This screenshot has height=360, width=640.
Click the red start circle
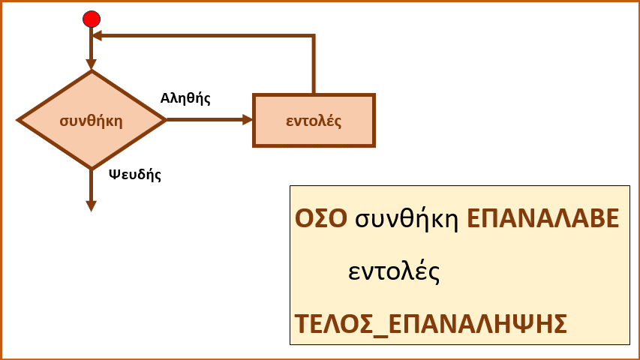pos(92,19)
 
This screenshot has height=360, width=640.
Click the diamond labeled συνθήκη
pos(92,120)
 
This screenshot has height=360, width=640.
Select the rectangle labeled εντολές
pos(314,121)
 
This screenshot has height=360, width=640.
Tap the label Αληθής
pos(185,98)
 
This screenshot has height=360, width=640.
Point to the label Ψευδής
pos(135,175)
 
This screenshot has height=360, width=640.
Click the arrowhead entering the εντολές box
pos(248,120)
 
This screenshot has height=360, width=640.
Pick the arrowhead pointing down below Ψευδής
pos(92,206)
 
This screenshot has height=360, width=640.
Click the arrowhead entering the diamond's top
pos(92,64)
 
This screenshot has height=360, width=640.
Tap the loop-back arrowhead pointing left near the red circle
pos(97,36)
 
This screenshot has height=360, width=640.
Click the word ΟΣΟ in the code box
pos(321,218)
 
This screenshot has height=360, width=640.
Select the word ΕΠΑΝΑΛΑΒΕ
pos(543,218)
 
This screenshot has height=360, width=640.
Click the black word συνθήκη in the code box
pos(407,220)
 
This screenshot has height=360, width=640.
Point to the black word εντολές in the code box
pos(394,271)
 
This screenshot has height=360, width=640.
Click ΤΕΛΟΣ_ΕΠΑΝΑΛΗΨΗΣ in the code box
pos(431,325)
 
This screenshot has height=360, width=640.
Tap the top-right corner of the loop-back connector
pos(314,36)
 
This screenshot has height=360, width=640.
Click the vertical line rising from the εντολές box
pos(314,64)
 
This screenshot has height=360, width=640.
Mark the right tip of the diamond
pos(167,120)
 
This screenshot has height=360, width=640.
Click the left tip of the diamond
pos(17,120)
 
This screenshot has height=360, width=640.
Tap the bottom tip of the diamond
pos(92,169)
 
